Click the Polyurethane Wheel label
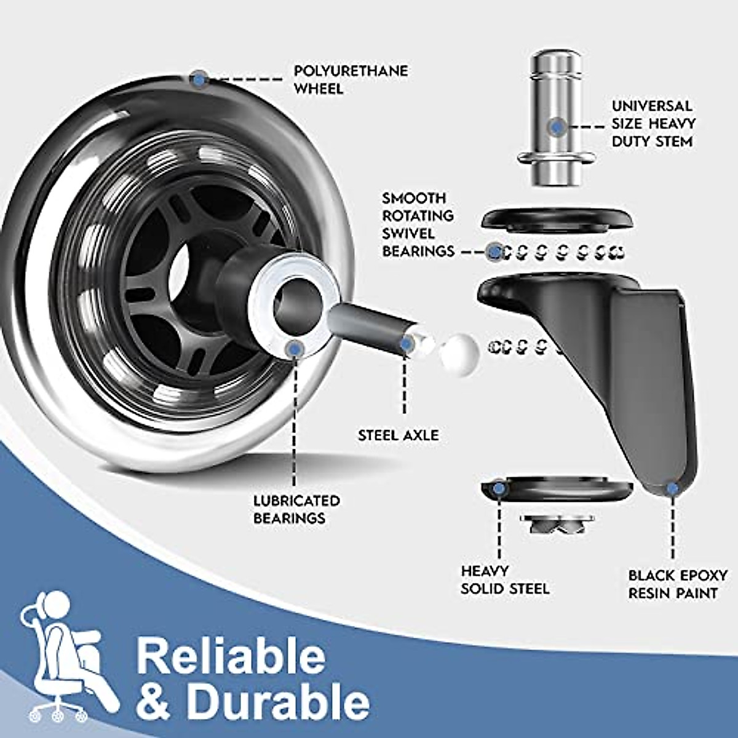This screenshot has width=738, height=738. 350,80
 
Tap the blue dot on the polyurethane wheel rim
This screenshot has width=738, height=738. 199,78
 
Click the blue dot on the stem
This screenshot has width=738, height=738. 557,127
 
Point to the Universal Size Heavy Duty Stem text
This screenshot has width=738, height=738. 653,124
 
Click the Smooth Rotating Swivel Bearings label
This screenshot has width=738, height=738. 418,224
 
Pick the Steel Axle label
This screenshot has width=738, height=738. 399,435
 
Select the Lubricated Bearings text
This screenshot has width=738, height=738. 296,509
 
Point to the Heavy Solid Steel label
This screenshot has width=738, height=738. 504,580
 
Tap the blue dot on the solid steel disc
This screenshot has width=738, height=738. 499,488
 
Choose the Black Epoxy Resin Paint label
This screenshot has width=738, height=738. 677,584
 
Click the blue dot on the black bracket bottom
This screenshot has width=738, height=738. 673,489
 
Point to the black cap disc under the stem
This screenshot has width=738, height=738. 557,219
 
